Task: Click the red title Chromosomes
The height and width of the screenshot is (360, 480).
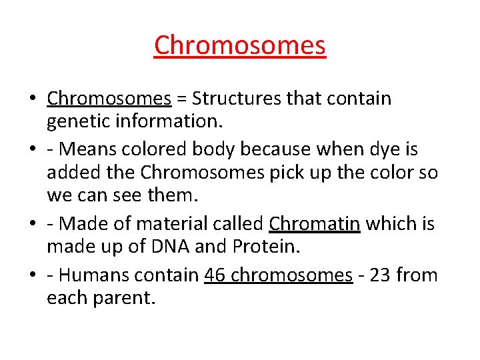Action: point(240,45)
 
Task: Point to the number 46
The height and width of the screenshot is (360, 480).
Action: point(217,274)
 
